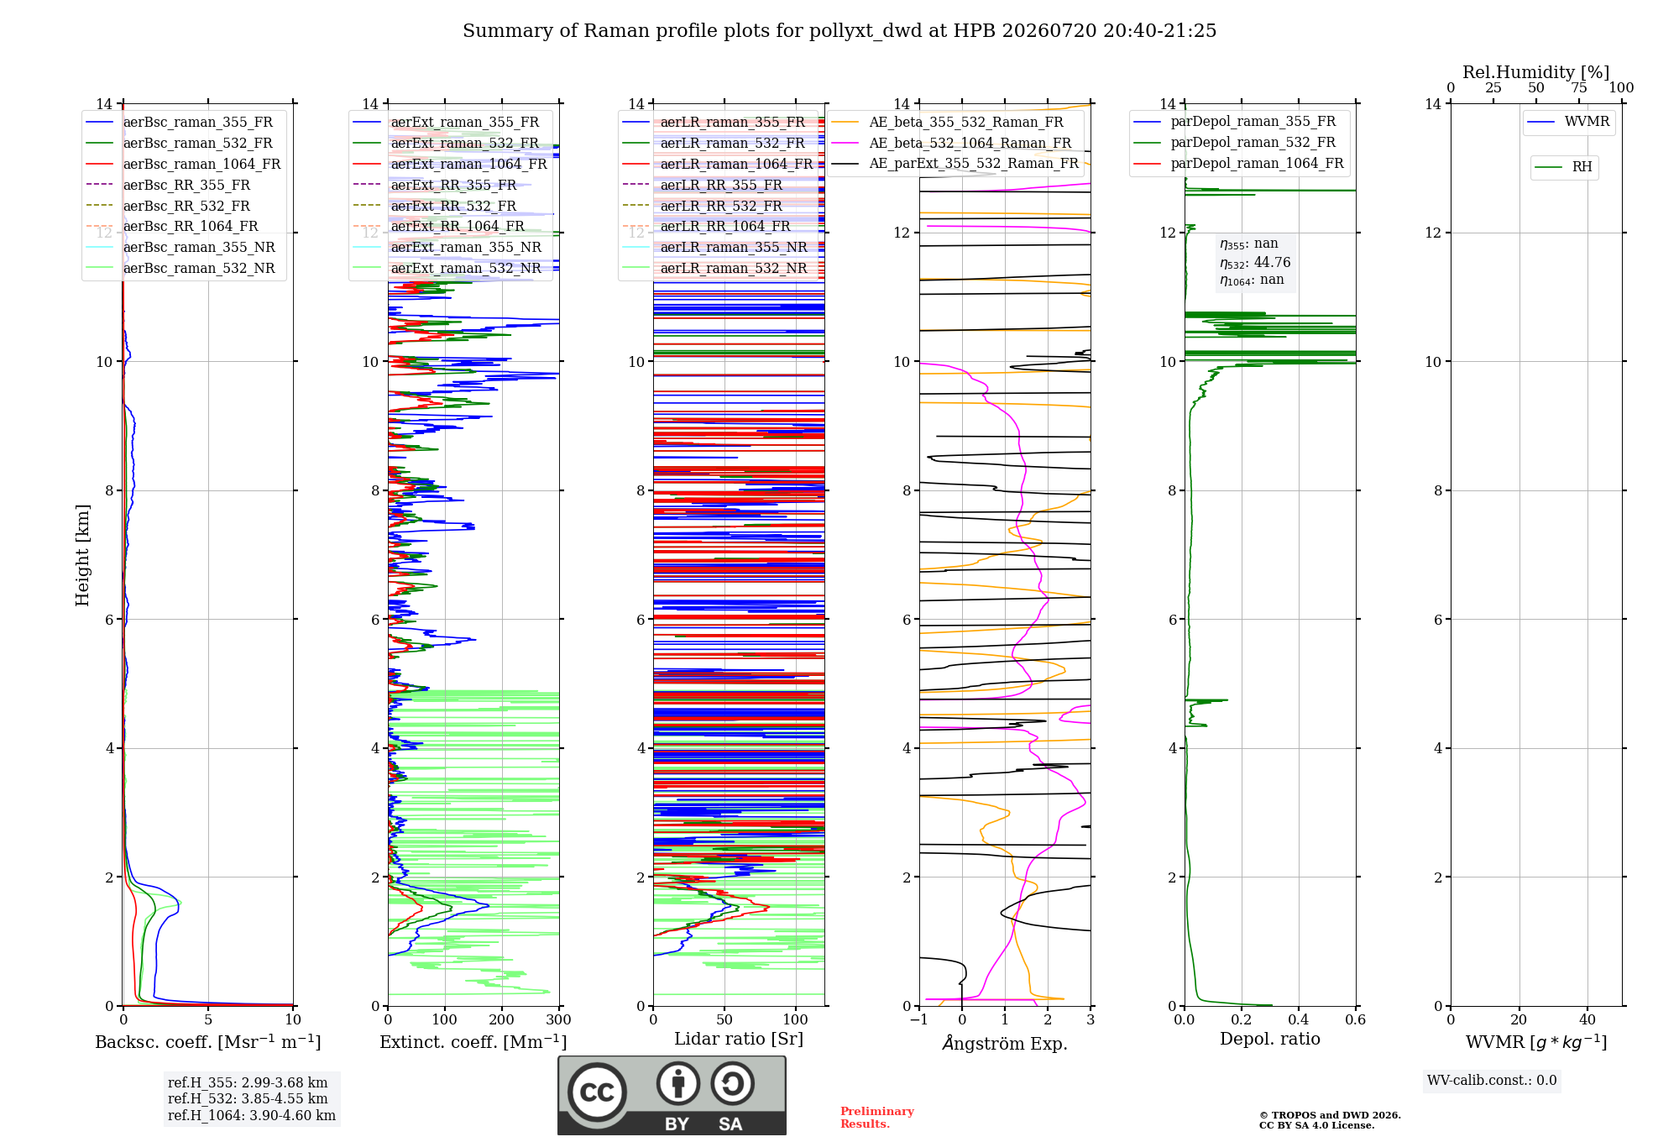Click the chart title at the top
coord(839,31)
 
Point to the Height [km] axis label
coord(82,555)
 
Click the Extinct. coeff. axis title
coord(473,1042)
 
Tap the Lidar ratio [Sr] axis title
coord(739,1040)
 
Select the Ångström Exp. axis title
coord(1005,1043)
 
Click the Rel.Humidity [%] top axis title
coord(1536,72)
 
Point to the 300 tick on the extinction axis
coord(558,1019)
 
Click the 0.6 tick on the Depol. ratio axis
coord(1355,1019)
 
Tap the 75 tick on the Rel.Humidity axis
coord(1579,87)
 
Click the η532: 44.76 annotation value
coord(1255,263)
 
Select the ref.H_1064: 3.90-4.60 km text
coord(252,1115)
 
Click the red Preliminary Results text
coord(877,1118)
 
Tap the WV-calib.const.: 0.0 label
coord(1492,1081)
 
